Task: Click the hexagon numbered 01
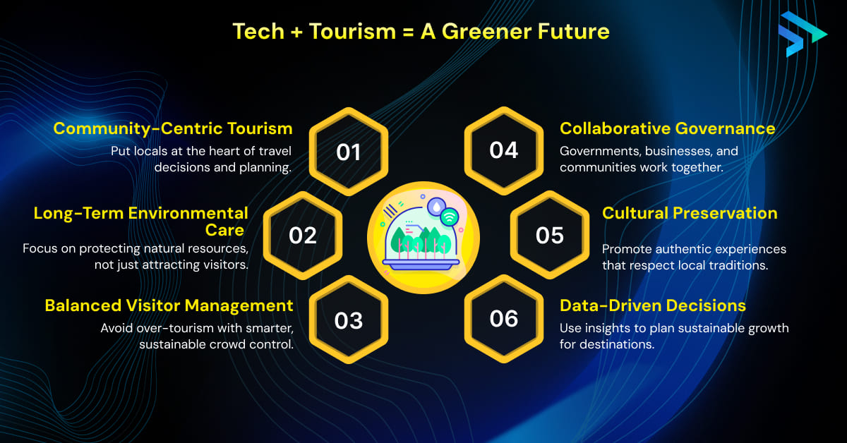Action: point(349,152)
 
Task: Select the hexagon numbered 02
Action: point(303,236)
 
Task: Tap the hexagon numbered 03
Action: point(349,320)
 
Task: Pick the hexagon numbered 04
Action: point(504,150)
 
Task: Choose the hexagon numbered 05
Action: point(550,236)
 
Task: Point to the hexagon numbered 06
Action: point(504,319)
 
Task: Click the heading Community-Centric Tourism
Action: point(173,128)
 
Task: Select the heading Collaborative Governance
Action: point(667,128)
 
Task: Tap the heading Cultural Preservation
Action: point(689,213)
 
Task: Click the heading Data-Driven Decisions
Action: point(652,305)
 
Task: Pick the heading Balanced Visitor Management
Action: point(169,305)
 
